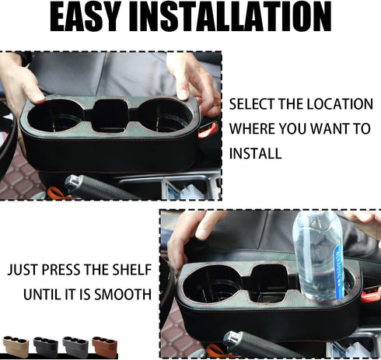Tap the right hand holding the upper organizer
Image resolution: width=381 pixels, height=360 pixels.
[x=194, y=82]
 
